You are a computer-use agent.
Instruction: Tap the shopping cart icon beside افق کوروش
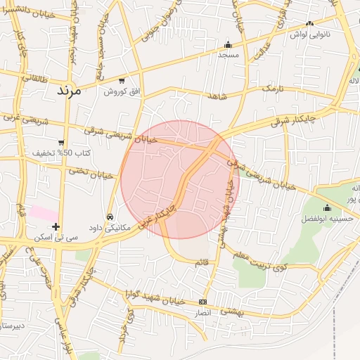(x=123, y=81)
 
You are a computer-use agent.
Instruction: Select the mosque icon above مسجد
(x=228, y=44)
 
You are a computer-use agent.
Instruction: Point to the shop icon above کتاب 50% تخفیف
(x=62, y=143)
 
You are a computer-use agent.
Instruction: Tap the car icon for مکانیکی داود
(x=110, y=217)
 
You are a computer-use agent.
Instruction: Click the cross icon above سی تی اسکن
(x=56, y=226)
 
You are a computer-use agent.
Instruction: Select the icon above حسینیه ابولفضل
(x=327, y=207)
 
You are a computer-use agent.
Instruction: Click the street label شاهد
(x=217, y=95)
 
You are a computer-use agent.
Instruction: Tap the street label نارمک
(x=275, y=89)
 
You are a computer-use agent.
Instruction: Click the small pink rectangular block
(x=44, y=212)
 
